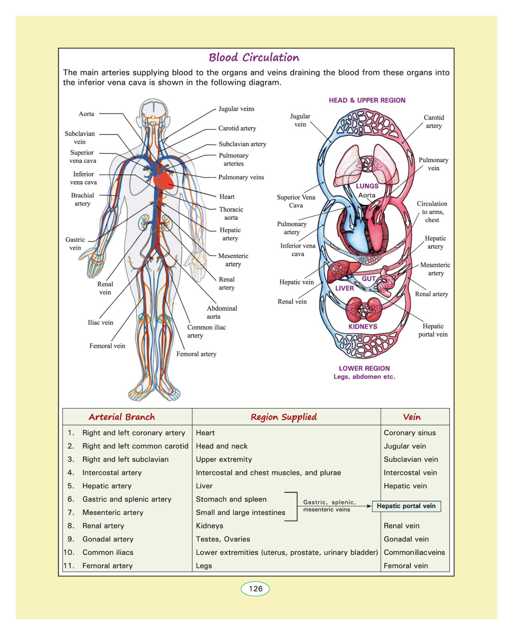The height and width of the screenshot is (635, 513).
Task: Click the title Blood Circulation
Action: coord(254,57)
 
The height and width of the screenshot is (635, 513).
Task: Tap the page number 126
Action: coord(255,588)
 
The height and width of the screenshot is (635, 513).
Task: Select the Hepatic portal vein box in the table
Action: coord(406,506)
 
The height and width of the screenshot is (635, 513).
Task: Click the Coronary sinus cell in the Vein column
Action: coord(410,432)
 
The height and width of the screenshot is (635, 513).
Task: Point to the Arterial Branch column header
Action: coord(122,417)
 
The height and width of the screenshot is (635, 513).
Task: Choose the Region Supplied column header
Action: coord(284,417)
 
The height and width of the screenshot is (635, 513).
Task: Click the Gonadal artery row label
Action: coord(108,539)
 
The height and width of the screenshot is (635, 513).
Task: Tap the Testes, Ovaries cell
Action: coord(223,539)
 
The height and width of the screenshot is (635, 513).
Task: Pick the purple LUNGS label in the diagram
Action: coord(367,186)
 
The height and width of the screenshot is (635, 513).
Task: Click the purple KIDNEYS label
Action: coord(363,327)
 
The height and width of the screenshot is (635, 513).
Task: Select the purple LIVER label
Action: coord(344,288)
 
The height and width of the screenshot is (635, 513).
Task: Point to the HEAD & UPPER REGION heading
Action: coord(367,100)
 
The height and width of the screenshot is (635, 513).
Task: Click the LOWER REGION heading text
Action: coord(364,368)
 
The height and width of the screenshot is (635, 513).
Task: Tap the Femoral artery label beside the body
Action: coord(196,354)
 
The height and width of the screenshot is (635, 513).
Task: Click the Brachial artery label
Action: coord(83,200)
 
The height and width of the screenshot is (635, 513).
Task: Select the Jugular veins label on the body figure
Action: coord(236,109)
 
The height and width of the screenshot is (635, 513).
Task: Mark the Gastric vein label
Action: coord(75,243)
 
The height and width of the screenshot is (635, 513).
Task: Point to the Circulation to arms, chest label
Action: coord(432,212)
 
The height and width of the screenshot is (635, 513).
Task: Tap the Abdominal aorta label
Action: coord(222,312)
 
